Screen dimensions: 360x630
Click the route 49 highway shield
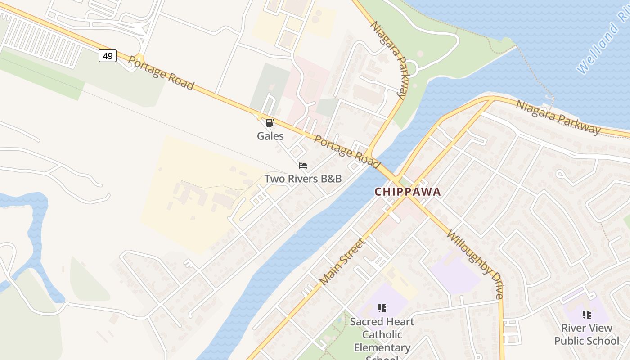(x=108, y=56)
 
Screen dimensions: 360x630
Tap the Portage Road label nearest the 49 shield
(x=161, y=73)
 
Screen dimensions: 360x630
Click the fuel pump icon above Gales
(x=270, y=123)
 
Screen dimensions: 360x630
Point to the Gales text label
(x=270, y=136)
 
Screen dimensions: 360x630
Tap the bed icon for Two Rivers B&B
(x=303, y=166)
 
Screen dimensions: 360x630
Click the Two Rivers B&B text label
(x=303, y=179)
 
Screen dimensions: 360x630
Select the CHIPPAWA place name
(x=408, y=192)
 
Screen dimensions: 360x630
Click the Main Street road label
(x=343, y=261)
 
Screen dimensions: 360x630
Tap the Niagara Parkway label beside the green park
(x=389, y=59)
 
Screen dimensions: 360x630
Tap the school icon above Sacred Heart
(x=382, y=308)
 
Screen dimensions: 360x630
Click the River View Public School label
(x=586, y=334)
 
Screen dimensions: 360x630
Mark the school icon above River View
(x=586, y=314)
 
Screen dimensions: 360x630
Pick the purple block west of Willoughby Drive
(x=454, y=272)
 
